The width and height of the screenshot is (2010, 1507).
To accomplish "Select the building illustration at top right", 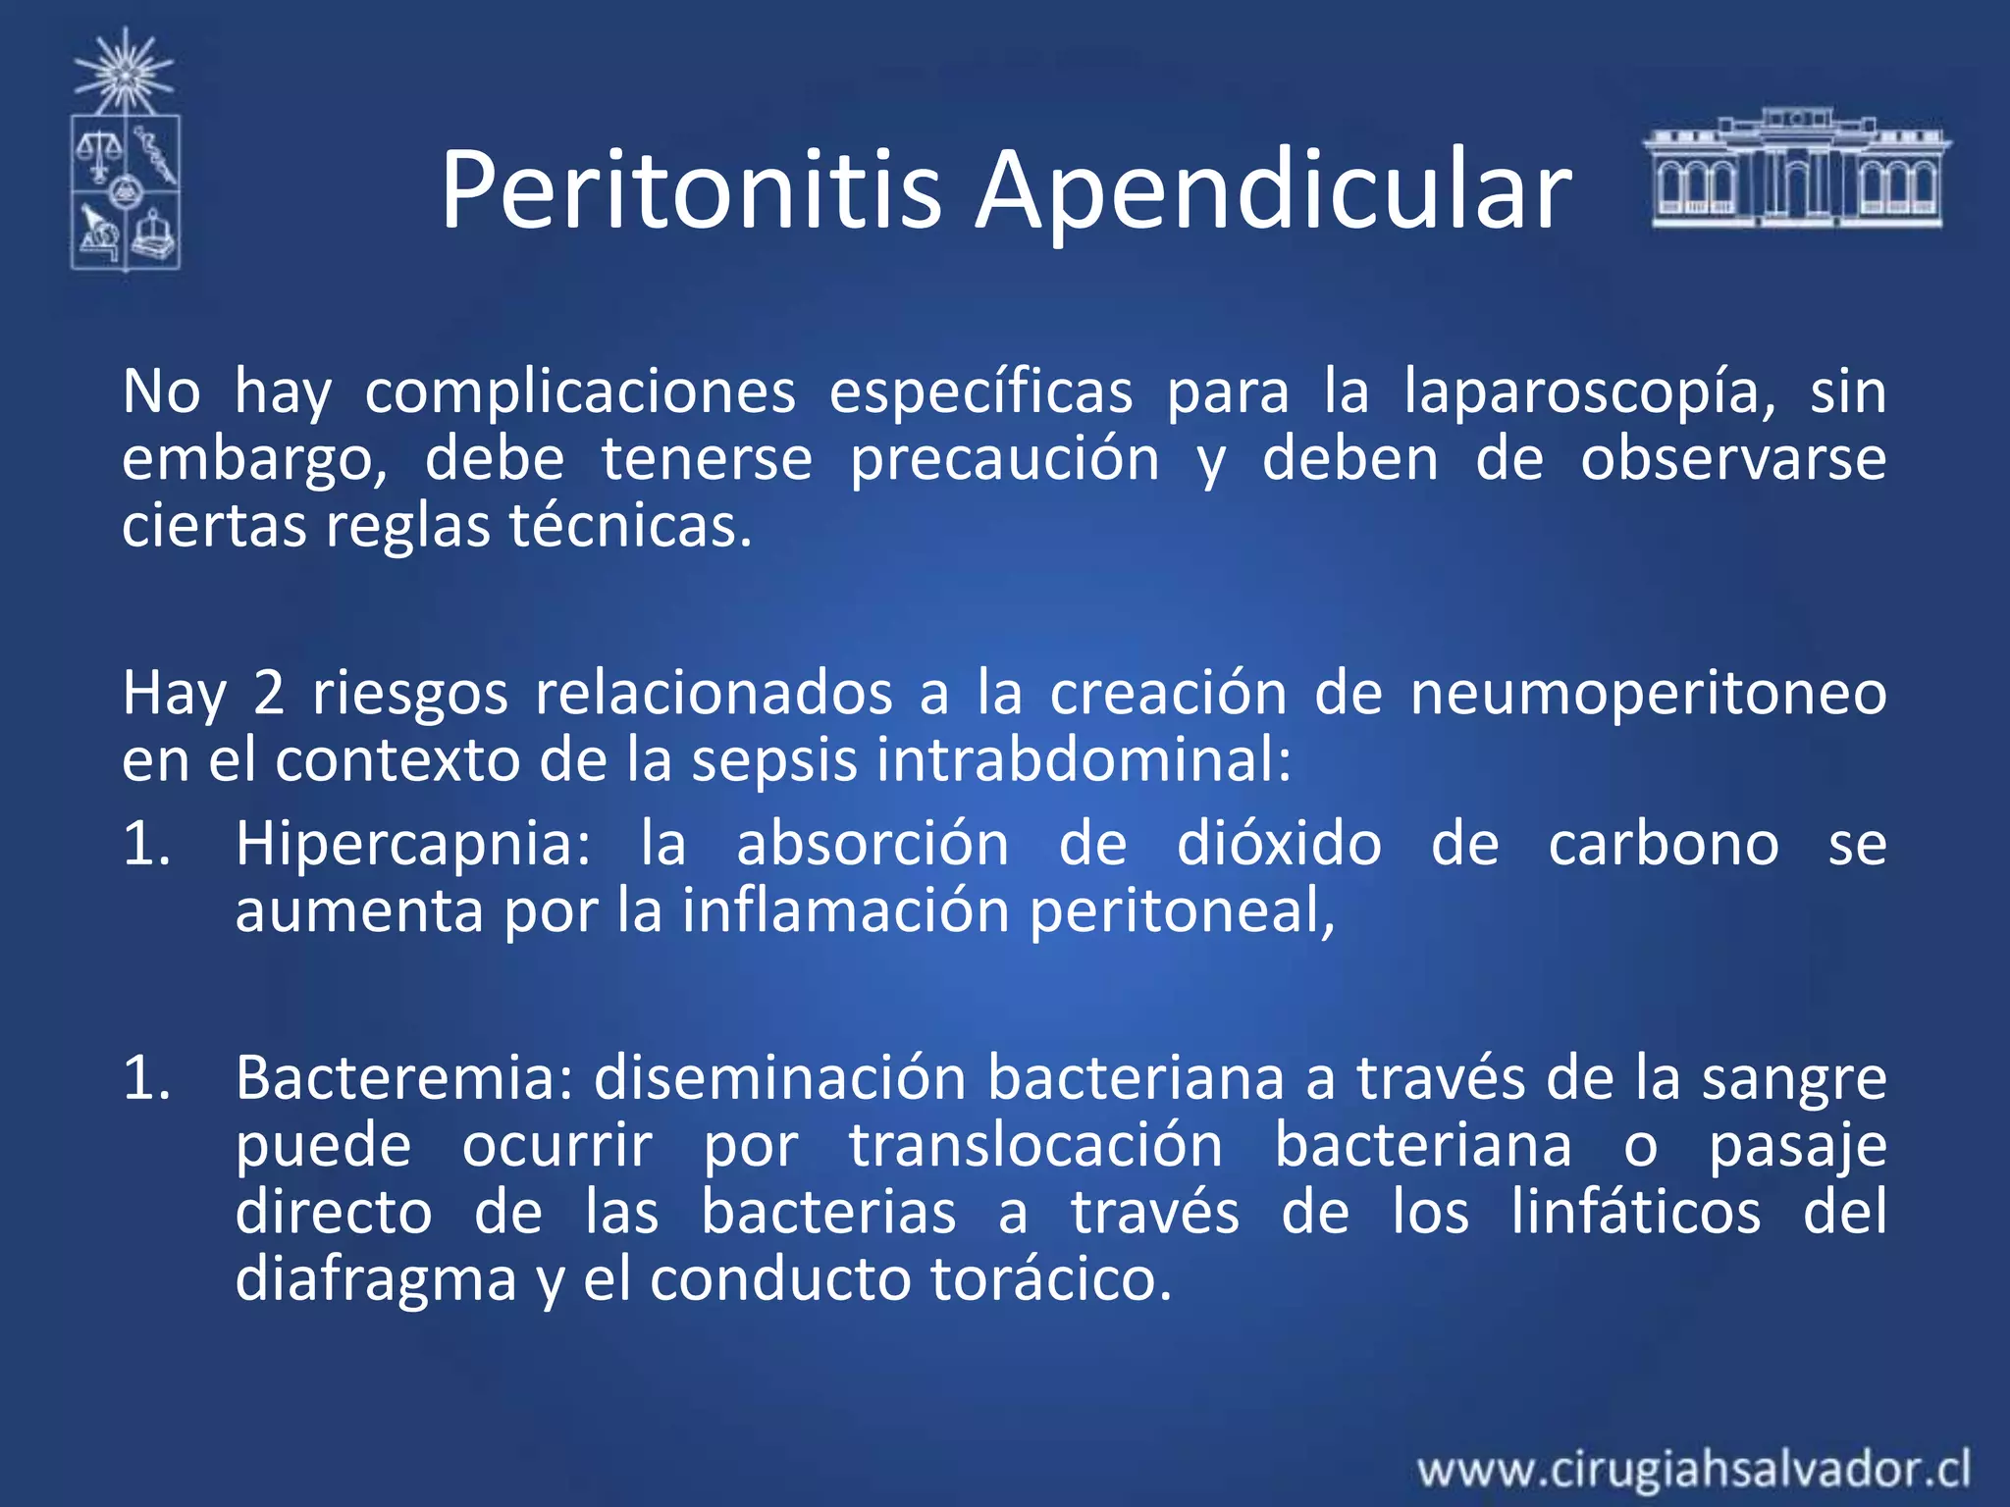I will point(1796,168).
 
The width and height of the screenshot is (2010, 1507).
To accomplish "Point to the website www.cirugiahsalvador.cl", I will point(1693,1469).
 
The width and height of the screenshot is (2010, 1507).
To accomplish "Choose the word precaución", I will point(1004,459).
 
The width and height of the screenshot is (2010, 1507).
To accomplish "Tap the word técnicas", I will point(629,526).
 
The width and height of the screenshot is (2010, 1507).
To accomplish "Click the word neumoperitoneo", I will point(1648,693).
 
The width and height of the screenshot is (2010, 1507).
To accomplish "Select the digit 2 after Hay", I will point(268,693).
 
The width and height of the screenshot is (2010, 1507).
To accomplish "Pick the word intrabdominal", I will point(1084,760).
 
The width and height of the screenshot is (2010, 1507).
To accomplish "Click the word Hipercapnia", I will point(412,844).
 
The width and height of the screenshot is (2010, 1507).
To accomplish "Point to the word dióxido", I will point(1278,844).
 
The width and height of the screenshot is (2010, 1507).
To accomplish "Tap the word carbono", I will point(1663,844).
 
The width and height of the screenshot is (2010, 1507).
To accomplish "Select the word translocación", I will point(1035,1145).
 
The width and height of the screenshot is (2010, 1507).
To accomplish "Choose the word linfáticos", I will point(1635,1212).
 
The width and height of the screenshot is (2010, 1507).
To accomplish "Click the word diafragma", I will point(376,1279).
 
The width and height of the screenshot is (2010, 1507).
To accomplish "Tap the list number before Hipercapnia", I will point(146,844).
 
